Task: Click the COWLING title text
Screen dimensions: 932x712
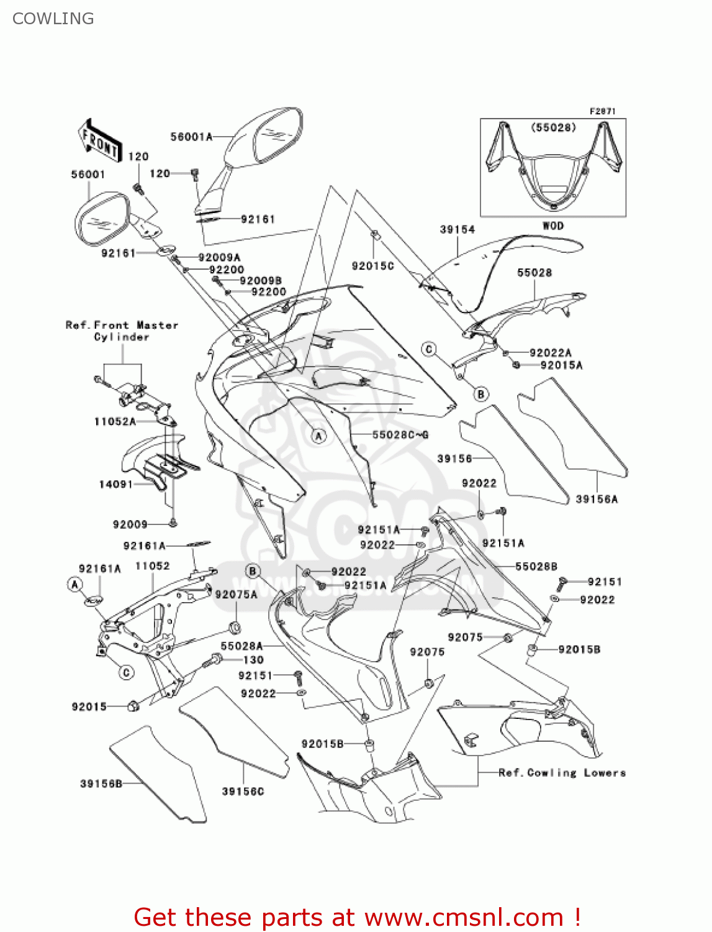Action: (x=53, y=19)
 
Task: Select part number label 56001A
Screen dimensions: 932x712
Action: (x=191, y=137)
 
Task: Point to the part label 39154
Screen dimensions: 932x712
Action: (x=457, y=229)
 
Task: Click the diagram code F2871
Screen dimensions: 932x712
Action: (x=602, y=111)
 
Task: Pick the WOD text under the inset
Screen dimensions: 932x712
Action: (x=552, y=226)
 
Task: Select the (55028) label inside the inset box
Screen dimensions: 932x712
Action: (x=553, y=127)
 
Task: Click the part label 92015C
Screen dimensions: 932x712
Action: (x=372, y=266)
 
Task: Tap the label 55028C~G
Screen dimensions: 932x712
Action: (x=400, y=434)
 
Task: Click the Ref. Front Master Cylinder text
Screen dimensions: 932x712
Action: (x=122, y=331)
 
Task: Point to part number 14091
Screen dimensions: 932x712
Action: (x=116, y=484)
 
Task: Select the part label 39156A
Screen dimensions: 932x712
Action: (x=597, y=499)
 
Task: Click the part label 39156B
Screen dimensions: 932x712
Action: (x=101, y=784)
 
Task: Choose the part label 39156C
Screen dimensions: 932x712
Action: (x=243, y=791)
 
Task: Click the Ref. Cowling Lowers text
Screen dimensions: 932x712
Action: (x=562, y=772)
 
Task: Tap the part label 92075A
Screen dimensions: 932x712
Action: (x=236, y=595)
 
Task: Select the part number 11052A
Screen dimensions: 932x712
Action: (x=115, y=421)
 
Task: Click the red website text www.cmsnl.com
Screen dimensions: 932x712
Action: (x=464, y=917)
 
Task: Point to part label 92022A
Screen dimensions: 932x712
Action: (x=550, y=352)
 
